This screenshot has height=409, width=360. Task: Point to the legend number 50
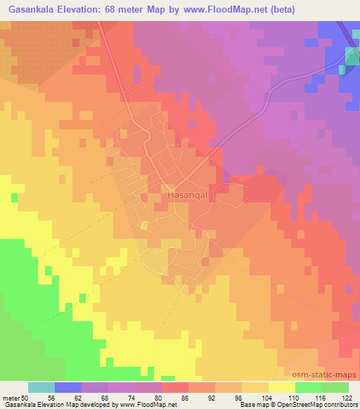click(29, 397)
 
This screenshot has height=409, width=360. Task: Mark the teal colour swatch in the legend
click(42, 387)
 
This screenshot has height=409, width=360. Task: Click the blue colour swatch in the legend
click(69, 387)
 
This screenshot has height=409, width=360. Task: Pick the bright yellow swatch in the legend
click(283, 387)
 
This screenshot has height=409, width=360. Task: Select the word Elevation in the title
click(87, 10)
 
